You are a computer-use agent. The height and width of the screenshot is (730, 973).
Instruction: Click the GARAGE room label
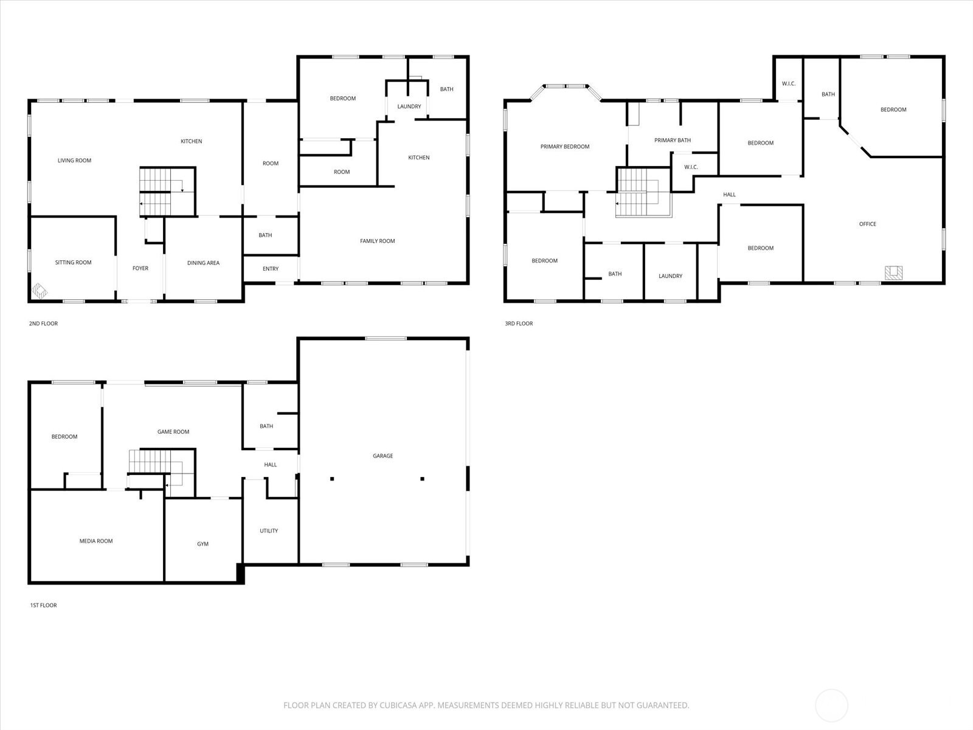383,456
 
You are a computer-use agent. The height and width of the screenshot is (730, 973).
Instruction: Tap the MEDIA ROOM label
96,541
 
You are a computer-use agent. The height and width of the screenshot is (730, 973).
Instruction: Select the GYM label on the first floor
203,544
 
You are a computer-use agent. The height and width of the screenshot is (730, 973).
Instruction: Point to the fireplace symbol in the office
893,273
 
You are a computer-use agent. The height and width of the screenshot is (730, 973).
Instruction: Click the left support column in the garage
332,479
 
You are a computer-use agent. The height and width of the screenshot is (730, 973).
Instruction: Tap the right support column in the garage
422,479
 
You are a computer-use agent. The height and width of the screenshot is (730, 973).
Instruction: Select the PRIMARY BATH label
673,141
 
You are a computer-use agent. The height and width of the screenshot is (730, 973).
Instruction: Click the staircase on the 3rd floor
639,192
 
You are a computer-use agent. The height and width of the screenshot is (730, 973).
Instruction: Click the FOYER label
140,268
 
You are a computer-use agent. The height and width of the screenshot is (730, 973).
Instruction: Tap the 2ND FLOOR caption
43,324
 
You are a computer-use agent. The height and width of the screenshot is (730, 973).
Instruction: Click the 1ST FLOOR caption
43,605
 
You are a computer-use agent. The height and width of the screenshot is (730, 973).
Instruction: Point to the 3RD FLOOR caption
519,324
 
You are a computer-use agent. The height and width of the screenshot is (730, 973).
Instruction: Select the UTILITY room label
269,531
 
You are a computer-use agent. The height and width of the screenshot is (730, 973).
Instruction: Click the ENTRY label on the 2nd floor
271,269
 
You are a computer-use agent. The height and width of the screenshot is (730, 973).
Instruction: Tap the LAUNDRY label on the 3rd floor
670,276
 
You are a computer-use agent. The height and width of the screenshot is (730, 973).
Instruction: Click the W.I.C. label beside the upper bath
788,84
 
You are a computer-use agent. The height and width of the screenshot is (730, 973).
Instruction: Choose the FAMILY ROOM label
377,241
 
